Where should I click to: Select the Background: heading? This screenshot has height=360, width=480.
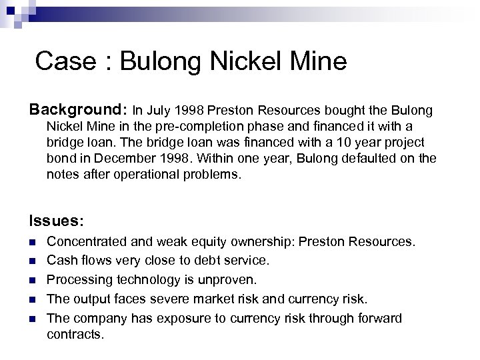tap(79, 109)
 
